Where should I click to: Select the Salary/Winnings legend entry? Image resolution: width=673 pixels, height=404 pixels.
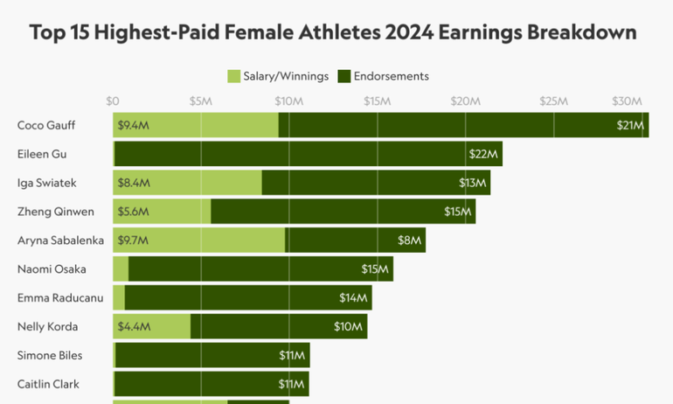[278, 76]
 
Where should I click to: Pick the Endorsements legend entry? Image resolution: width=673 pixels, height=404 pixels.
[384, 76]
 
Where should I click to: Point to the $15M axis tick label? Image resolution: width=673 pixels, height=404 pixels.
[377, 101]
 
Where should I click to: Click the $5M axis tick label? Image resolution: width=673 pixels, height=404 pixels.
[201, 101]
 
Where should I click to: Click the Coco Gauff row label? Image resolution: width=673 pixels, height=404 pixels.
[46, 125]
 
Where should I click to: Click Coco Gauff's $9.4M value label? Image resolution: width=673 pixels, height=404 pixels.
[134, 125]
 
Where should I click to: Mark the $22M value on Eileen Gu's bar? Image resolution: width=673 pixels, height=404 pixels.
[483, 154]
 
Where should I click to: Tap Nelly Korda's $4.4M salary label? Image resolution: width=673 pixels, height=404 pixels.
[134, 326]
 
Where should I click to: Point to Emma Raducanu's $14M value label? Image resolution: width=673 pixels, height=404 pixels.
[353, 297]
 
